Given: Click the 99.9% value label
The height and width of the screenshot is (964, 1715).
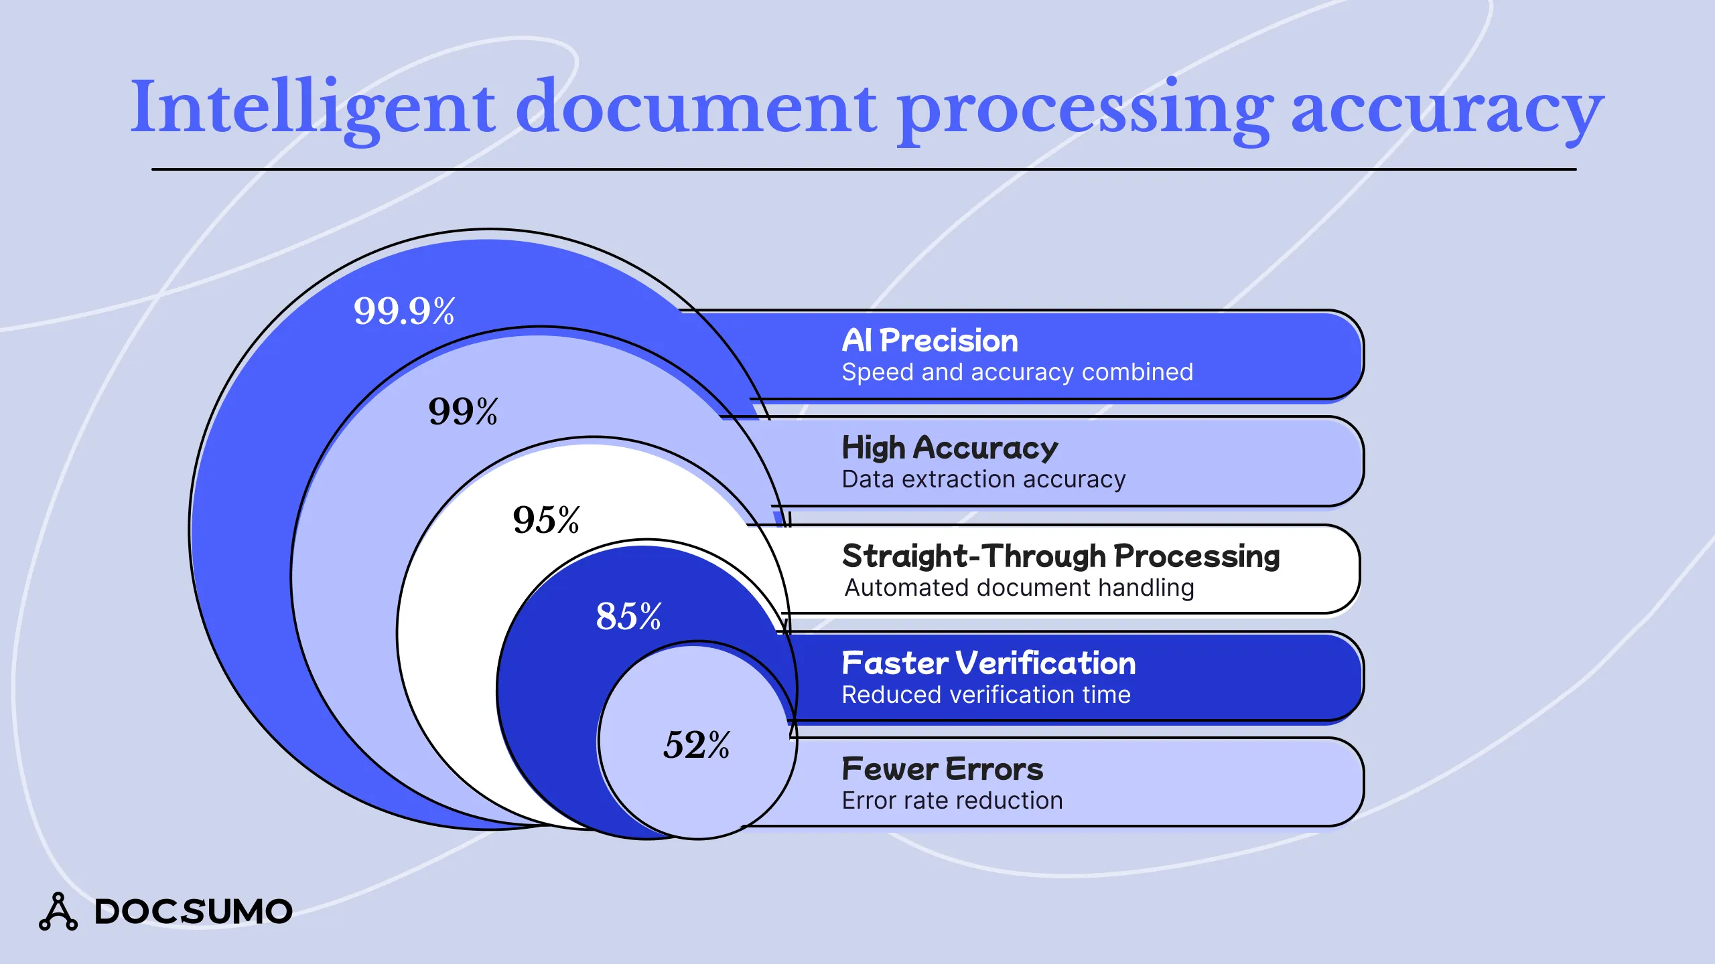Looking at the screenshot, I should coord(404,311).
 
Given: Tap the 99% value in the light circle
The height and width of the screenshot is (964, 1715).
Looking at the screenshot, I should coord(463,411).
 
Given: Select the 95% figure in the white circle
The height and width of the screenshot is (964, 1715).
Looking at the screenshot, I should coord(546,519).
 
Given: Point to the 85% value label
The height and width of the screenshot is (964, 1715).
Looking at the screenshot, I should coord(628,616).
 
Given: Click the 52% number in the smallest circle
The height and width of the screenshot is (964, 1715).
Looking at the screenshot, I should coord(696,744).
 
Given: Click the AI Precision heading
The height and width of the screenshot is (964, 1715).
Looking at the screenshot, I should coord(930,341).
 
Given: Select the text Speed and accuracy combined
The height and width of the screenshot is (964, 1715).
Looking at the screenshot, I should coord(1017,372).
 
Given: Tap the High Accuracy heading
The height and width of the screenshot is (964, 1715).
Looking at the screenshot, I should coord(949,448).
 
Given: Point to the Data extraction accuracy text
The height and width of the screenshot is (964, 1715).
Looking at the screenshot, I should coord(983,479).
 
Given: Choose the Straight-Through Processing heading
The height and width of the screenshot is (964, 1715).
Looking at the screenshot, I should coord(1060,556).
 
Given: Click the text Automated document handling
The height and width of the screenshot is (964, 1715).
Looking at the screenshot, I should coord(1019,588).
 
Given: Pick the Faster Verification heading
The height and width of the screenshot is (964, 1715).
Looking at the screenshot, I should coord(989,663).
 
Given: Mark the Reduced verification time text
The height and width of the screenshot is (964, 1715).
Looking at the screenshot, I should coord(986,695).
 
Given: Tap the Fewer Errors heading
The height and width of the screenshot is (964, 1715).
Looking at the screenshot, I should coord(943,769).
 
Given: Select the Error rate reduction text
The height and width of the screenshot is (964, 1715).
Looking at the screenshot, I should coord(952,801).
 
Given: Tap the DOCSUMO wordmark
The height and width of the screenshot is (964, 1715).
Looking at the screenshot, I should coord(194,912).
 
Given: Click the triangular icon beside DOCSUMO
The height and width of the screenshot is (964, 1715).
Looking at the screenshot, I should coord(58,912).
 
